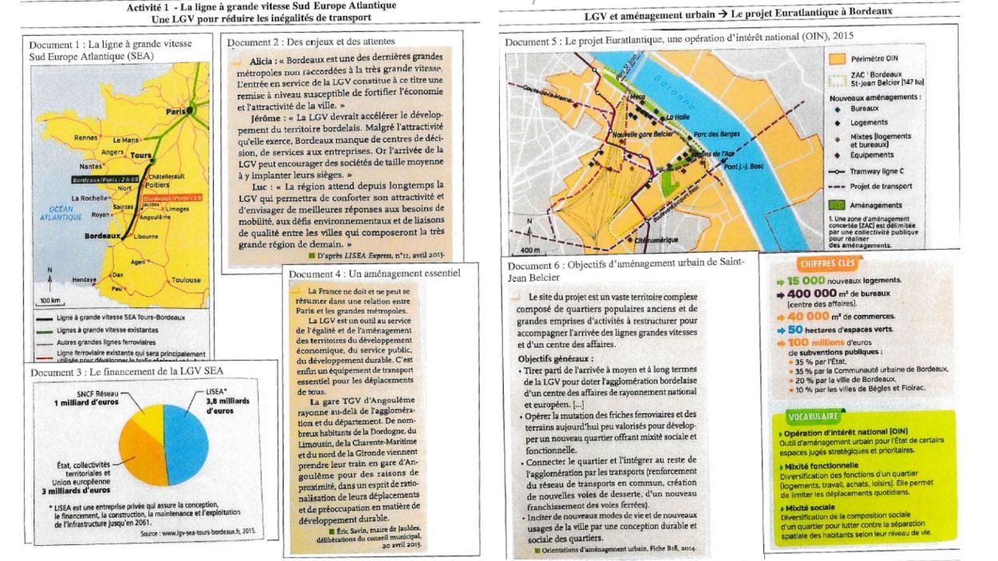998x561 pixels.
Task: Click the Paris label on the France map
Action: tap(173, 113)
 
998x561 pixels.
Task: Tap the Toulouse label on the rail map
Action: tap(186, 280)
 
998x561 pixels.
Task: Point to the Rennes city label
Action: tap(85, 137)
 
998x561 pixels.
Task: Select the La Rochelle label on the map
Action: tap(87, 198)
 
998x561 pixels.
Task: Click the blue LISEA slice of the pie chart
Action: tap(183, 444)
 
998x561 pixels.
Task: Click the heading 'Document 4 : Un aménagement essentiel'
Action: tap(374, 274)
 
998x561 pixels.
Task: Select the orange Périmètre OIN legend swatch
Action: tap(838, 59)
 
